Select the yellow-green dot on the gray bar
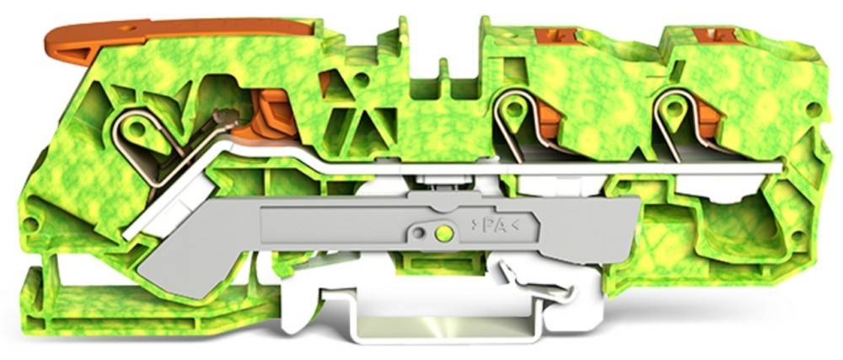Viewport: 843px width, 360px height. coord(443,234)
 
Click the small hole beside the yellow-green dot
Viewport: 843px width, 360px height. coord(419,234)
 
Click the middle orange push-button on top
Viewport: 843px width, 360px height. coord(556,35)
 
